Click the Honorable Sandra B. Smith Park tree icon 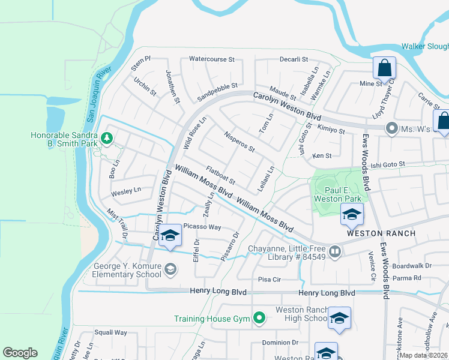click(x=107, y=139)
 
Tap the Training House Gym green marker click(x=259, y=317)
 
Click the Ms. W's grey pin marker click(x=392, y=128)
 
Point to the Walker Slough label click(x=425, y=46)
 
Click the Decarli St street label click(x=294, y=59)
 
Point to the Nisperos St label click(x=240, y=142)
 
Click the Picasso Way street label click(x=203, y=227)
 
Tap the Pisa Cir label click(x=269, y=279)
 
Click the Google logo click(x=20, y=353)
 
